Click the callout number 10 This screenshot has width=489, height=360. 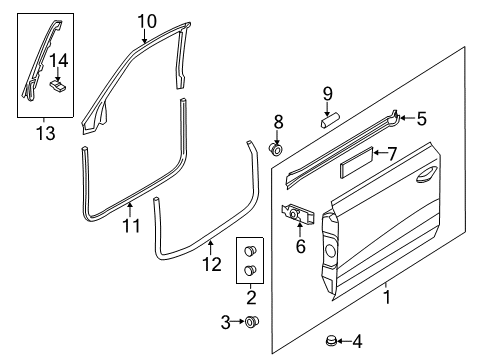[x=147, y=21]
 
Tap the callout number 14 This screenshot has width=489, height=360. [x=59, y=60]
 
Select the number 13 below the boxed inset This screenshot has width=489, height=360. [x=46, y=133]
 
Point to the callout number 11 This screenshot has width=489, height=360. [x=131, y=226]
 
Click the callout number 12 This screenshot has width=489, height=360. [x=212, y=264]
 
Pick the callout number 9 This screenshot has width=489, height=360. [x=328, y=94]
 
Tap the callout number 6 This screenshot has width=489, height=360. [x=301, y=246]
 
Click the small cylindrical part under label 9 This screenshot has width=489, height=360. [x=330, y=120]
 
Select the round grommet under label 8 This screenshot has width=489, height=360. [x=276, y=149]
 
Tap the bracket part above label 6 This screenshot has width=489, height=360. [x=298, y=214]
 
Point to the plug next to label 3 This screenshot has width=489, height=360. [x=252, y=322]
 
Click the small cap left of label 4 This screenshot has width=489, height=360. [x=331, y=341]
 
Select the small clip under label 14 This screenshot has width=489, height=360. [x=58, y=86]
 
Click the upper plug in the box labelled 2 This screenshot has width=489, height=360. [x=250, y=250]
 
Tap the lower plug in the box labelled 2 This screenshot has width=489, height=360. [x=250, y=270]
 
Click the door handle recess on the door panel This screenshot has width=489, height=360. [x=427, y=174]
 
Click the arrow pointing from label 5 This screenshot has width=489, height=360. [x=408, y=118]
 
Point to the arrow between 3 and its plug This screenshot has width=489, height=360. [x=237, y=321]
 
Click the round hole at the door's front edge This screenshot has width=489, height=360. [x=330, y=250]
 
